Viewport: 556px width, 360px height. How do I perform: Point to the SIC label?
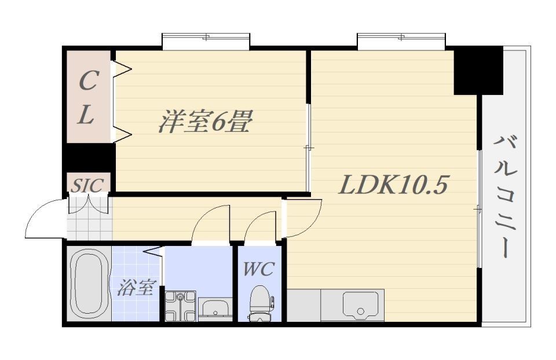[87, 185]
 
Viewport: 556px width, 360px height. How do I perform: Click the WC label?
[258, 269]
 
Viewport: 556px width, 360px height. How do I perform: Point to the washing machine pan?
[180, 306]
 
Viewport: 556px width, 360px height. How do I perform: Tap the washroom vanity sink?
[215, 307]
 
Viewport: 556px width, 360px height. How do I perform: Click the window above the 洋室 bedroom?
[206, 41]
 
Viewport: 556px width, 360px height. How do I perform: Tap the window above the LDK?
[401, 41]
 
